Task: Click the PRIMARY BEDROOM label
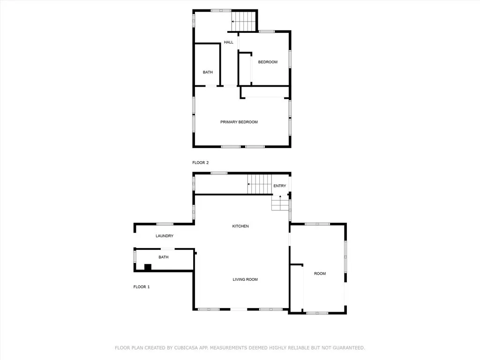pos(239,122)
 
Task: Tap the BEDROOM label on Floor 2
pos(268,62)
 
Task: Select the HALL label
pos(228,42)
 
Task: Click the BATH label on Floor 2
pos(208,72)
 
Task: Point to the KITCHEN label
pos(240,226)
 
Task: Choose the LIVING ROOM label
pos(245,279)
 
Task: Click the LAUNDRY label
pos(165,236)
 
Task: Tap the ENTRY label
pos(279,186)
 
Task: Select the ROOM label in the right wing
pos(320,273)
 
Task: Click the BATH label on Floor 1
pos(163,257)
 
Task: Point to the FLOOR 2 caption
pos(200,163)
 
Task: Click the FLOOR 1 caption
pos(141,286)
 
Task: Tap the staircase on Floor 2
pos(244,21)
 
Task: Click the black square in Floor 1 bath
pos(148,267)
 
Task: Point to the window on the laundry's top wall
pos(165,224)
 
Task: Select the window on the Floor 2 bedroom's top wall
pos(267,31)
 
